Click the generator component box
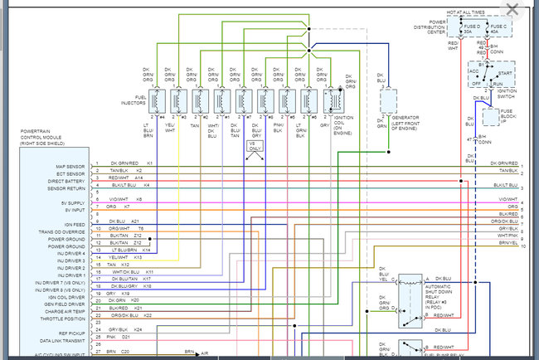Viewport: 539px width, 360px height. pyautogui.click(x=391, y=100)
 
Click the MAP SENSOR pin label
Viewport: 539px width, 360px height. pyautogui.click(x=66, y=164)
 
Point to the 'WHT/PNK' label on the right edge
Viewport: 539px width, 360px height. pyautogui.click(x=507, y=235)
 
